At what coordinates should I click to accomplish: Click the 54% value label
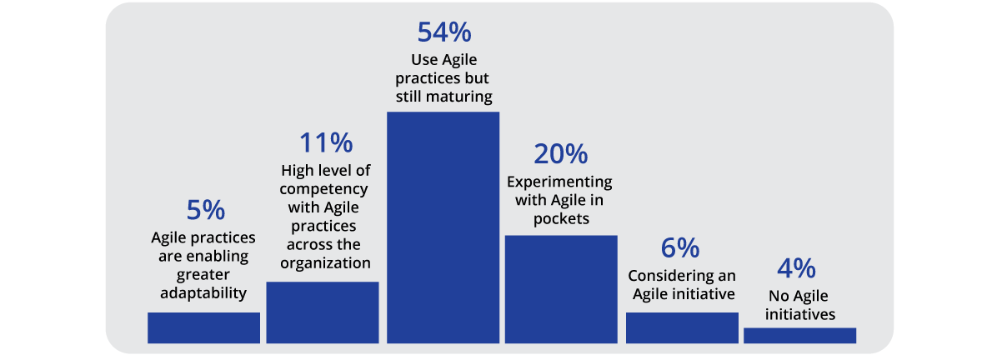(443, 32)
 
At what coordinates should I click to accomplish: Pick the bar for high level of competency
(322, 312)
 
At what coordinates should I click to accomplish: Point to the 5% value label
(203, 211)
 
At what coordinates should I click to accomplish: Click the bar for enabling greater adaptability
(203, 327)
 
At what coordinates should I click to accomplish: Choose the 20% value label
(559, 155)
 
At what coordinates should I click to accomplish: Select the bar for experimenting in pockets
(561, 288)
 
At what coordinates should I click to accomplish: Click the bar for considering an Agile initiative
(682, 327)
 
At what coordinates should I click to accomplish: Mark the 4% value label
(799, 270)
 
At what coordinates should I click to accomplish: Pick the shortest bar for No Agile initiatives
(799, 335)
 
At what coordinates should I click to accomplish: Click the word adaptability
(203, 292)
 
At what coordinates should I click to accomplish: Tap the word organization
(324, 263)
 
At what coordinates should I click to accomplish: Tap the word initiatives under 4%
(799, 315)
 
